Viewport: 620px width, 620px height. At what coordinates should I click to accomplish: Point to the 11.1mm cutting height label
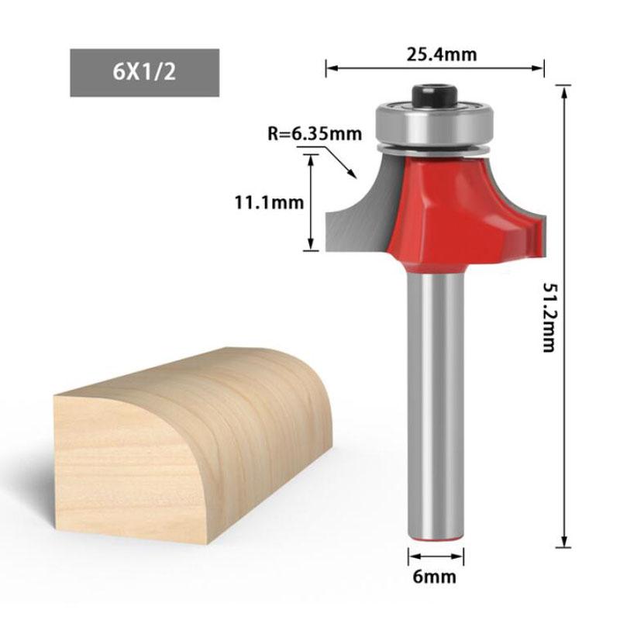click(269, 203)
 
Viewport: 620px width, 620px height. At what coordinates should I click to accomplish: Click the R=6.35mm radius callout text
click(315, 133)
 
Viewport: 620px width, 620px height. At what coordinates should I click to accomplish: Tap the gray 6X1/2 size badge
click(145, 73)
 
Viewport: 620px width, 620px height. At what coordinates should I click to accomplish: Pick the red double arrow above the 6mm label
click(436, 556)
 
